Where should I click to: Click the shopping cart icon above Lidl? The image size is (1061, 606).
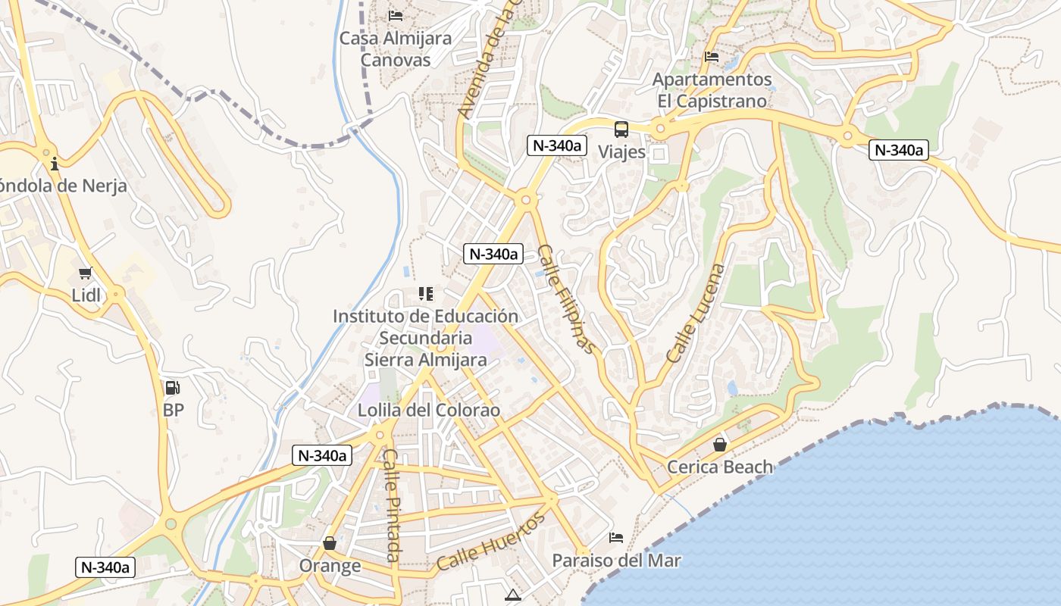86,273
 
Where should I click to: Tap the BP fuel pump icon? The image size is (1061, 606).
173,388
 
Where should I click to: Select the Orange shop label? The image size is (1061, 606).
330,566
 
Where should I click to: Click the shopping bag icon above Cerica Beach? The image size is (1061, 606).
719,445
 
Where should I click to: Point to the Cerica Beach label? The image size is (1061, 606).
719,467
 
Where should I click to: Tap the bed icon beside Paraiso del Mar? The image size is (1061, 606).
616,538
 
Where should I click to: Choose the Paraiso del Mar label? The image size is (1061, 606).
616,561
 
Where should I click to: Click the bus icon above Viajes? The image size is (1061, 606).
621,130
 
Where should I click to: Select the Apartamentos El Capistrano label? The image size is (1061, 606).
712,90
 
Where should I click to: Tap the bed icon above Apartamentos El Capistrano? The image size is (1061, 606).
711,57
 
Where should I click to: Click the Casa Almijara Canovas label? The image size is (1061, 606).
395,49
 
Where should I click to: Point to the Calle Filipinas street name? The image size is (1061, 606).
566,298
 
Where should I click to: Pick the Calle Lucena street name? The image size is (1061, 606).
696,313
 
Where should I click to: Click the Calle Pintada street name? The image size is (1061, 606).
391,505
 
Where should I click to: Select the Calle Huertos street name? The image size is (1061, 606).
491,541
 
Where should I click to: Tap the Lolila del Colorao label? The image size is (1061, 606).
429,411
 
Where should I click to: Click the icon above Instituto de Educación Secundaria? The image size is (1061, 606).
426,293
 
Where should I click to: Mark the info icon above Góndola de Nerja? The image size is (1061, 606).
55,164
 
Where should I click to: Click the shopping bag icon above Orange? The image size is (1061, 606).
330,543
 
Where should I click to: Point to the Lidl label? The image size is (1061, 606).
86,295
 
